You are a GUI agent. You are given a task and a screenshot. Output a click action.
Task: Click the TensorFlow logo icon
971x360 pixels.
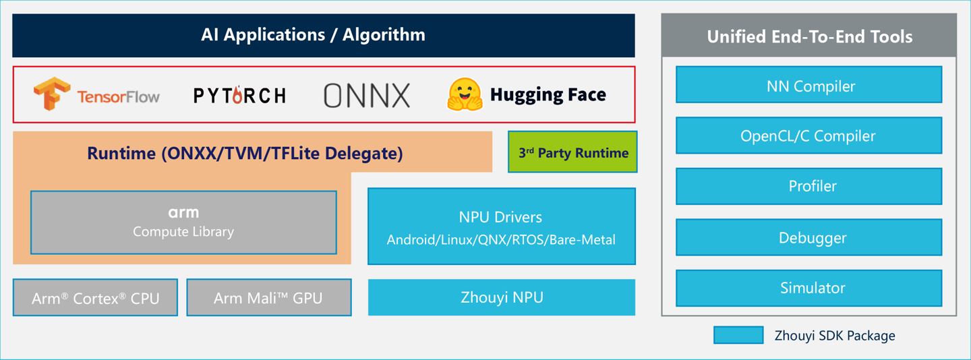click(52, 94)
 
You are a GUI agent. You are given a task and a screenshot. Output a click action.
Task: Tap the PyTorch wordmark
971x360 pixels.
click(239, 96)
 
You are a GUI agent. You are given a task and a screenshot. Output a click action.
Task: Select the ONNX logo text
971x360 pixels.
click(367, 96)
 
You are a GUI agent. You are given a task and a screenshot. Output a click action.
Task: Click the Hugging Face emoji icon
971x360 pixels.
click(465, 94)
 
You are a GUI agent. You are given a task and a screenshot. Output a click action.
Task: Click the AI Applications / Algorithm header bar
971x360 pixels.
click(324, 35)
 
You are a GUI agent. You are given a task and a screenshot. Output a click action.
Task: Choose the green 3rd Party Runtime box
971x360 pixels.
click(572, 152)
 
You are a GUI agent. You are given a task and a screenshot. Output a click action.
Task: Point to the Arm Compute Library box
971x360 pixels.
click(183, 222)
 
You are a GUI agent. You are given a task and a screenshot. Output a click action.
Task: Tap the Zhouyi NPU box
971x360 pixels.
click(501, 297)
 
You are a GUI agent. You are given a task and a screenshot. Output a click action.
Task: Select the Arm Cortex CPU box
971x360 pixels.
click(95, 297)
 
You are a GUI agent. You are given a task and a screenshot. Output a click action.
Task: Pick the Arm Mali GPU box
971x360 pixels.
click(268, 297)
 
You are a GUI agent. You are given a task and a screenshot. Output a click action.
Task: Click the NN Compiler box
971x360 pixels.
click(808, 85)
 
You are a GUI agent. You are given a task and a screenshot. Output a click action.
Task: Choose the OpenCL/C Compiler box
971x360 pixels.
click(808, 136)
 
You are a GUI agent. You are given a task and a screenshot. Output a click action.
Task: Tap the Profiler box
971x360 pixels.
click(808, 186)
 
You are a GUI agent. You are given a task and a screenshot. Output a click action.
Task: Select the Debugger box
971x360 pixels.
click(808, 237)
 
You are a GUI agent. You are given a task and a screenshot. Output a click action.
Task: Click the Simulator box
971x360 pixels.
click(808, 288)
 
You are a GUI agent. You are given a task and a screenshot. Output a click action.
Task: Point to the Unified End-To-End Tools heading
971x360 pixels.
click(808, 36)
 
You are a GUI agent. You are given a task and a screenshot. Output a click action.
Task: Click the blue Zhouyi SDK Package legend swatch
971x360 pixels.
click(738, 335)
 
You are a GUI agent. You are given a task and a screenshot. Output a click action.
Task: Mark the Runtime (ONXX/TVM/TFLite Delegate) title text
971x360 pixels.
click(245, 153)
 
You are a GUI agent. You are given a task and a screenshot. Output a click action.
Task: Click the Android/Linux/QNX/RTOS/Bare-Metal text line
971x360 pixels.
click(501, 239)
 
